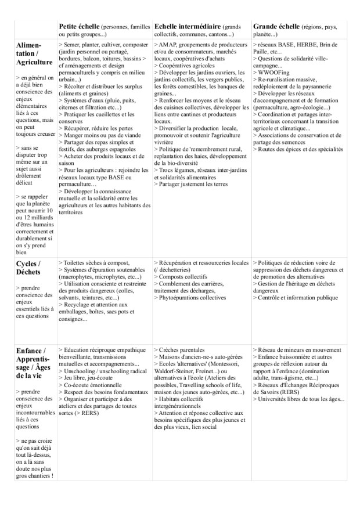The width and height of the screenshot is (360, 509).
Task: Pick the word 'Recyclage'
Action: (78, 305)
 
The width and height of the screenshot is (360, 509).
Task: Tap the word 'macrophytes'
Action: (79, 277)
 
